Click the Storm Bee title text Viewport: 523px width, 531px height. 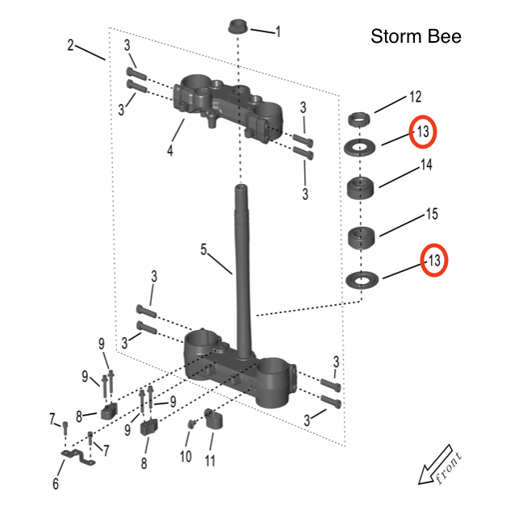(416, 37)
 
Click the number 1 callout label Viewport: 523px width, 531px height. (278, 32)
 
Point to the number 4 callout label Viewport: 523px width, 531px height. (169, 150)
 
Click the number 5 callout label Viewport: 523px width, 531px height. (205, 251)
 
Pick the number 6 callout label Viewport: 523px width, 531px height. (56, 484)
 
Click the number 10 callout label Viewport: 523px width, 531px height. (186, 457)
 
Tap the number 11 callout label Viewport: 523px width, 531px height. (211, 462)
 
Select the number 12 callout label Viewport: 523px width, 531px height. (415, 97)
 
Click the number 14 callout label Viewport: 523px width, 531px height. (425, 165)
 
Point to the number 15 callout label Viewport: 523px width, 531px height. (431, 215)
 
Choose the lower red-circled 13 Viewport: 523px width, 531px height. (434, 261)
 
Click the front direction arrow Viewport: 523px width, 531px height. (440, 468)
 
